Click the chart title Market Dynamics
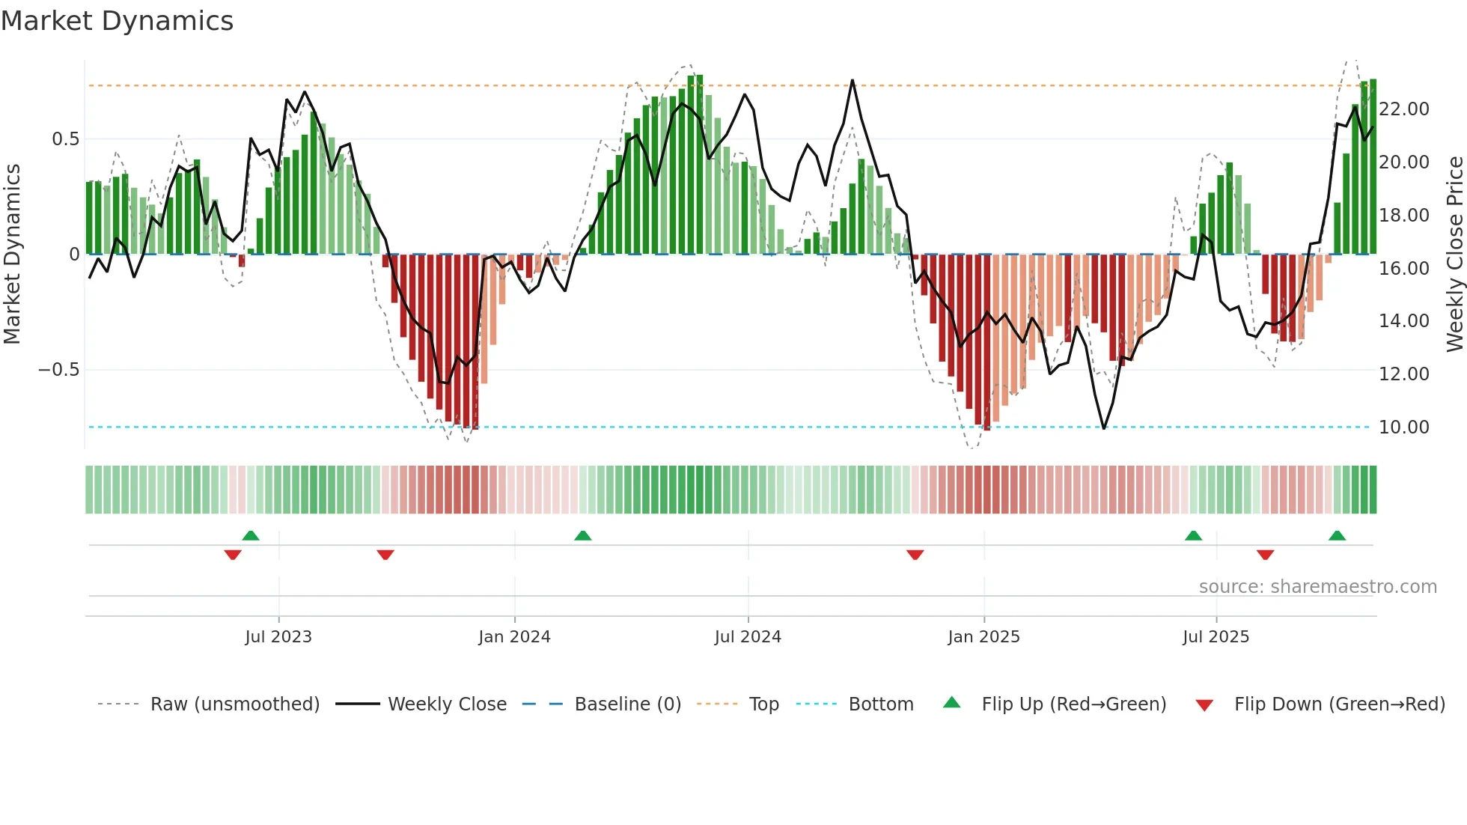tap(117, 21)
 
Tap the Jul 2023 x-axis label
tap(278, 637)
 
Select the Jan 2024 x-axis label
tap(514, 637)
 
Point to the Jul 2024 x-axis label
tap(748, 637)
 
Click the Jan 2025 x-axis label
tap(983, 637)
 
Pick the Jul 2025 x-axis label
tap(1216, 637)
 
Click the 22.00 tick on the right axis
tap(1404, 109)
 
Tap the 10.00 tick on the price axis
tap(1404, 427)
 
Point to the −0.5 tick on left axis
tap(58, 370)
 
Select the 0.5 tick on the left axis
tap(65, 139)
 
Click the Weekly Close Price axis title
tap(1454, 255)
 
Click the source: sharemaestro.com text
tap(1317, 587)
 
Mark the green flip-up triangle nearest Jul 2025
tap(1193, 535)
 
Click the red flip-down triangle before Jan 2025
tap(915, 555)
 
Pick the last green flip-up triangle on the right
tap(1337, 535)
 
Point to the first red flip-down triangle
tap(233, 555)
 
